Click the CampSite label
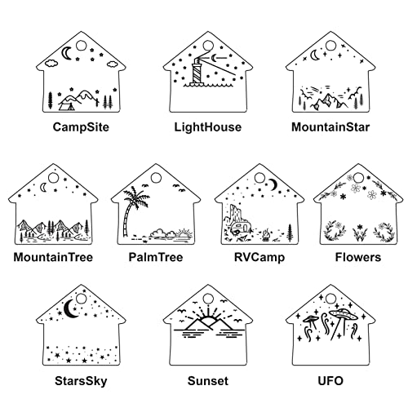click(x=81, y=127)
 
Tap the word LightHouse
click(x=208, y=127)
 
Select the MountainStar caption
click(x=330, y=127)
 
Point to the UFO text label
click(x=330, y=381)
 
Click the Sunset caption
click(x=208, y=381)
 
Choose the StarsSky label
click(x=81, y=381)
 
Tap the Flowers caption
click(x=358, y=257)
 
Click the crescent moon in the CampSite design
click(x=66, y=53)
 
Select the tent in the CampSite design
click(x=67, y=105)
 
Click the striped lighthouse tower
click(x=197, y=71)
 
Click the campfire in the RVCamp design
click(x=266, y=235)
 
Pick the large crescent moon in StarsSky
click(x=69, y=308)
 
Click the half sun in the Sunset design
click(x=208, y=320)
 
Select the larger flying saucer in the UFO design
click(x=344, y=314)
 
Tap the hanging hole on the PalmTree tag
click(x=156, y=178)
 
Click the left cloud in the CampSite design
click(x=51, y=64)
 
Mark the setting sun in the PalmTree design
click(x=184, y=233)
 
